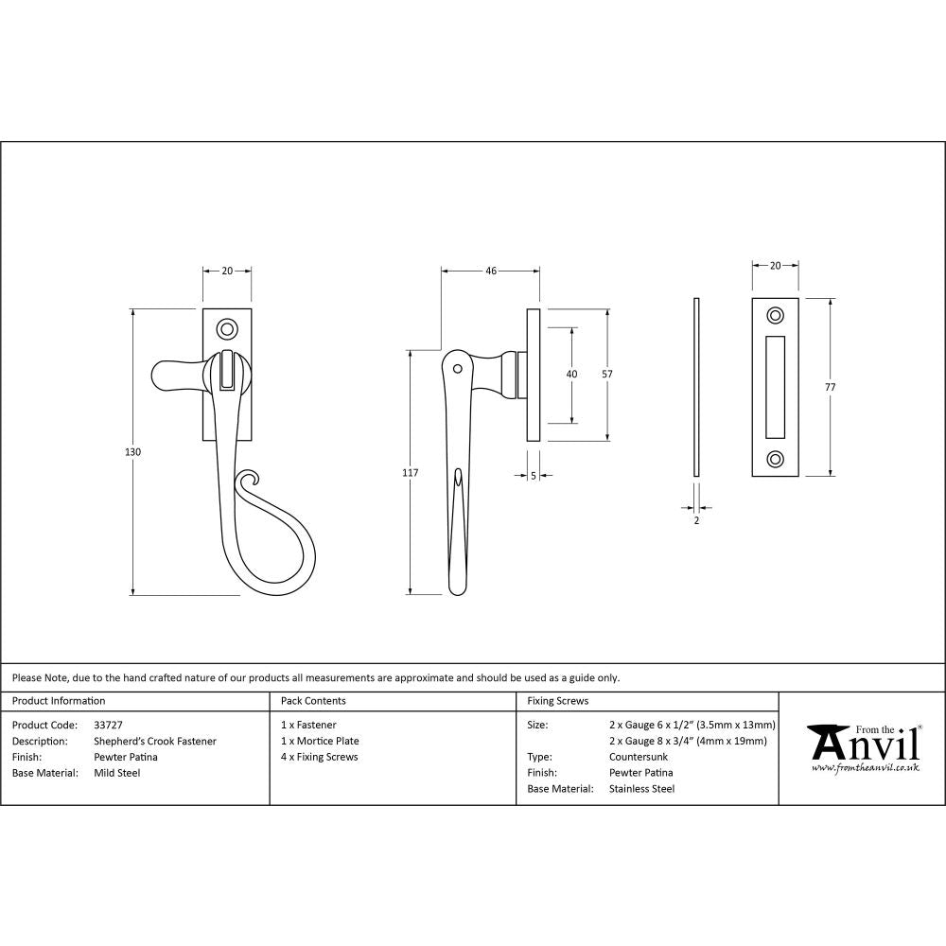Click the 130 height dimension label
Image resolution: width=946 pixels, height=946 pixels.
(132, 452)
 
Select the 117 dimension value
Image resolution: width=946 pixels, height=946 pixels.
(410, 472)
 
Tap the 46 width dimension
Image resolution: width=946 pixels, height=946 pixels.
(491, 271)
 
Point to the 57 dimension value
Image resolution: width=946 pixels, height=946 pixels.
(606, 375)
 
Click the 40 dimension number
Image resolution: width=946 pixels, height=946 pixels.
(571, 375)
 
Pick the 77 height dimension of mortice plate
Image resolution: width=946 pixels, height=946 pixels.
(831, 387)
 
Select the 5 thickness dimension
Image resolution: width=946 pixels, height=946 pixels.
(534, 477)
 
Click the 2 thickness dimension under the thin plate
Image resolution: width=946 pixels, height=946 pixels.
(696, 519)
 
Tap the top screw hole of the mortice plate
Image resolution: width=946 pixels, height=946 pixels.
(776, 314)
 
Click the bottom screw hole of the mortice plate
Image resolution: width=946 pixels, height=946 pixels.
(776, 460)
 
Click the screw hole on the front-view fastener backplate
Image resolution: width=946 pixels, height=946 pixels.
(227, 328)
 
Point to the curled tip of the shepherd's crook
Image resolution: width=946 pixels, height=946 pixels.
(248, 480)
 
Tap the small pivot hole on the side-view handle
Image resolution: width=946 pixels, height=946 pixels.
(458, 367)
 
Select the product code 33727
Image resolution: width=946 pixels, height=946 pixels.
(109, 726)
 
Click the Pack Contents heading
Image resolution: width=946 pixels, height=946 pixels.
(313, 701)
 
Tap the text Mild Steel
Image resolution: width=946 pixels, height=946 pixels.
(117, 773)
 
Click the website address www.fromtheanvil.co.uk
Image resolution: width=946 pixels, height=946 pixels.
(865, 768)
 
